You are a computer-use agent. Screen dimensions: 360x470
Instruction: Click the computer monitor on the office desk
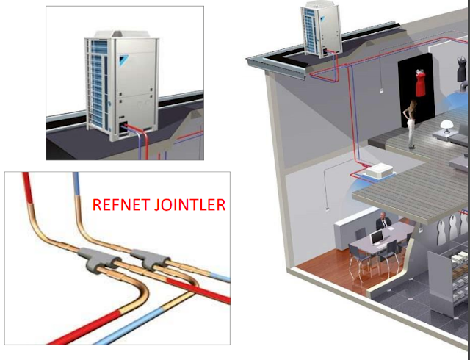pos(377,237)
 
